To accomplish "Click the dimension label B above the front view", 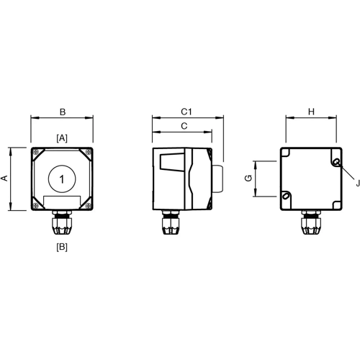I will [x=63, y=112].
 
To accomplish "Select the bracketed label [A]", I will [x=62, y=137].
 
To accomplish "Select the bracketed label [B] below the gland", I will [x=62, y=247].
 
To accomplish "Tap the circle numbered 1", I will [x=63, y=179].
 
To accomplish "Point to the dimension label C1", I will [x=186, y=112].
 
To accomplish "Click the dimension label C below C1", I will [x=183, y=126].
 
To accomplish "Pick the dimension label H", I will [x=312, y=112].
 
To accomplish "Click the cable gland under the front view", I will [x=63, y=224].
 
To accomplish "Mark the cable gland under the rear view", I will [x=311, y=224].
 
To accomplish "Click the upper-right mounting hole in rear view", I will [x=337, y=162].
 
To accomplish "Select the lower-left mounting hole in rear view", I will [x=286, y=195].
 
